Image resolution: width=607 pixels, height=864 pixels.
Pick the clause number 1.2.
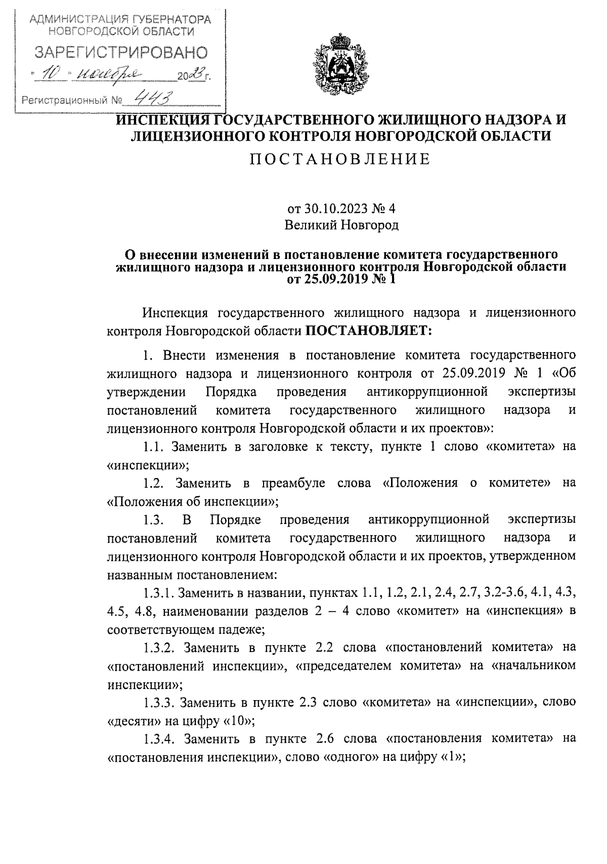154,483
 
